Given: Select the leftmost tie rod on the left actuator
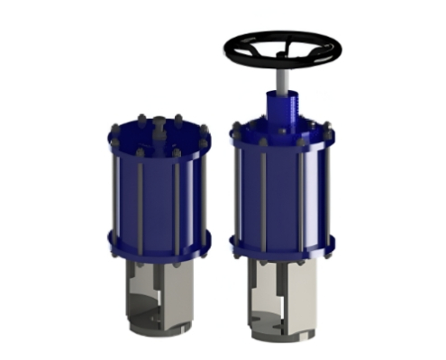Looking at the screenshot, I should (114, 193).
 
